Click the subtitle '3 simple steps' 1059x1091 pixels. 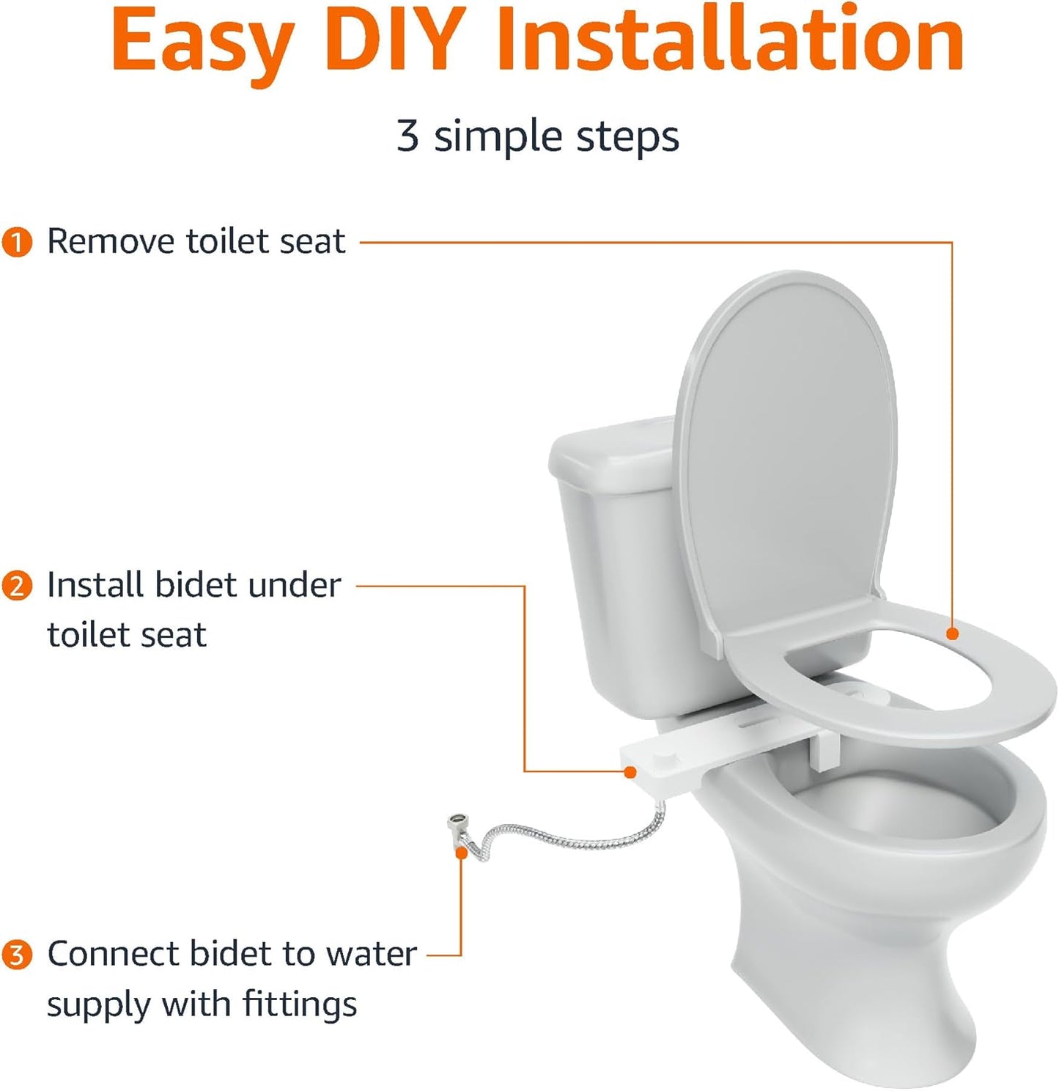click(x=537, y=136)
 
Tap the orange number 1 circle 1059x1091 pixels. click(x=17, y=243)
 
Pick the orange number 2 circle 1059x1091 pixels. click(x=17, y=587)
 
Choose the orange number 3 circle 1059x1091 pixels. click(x=17, y=955)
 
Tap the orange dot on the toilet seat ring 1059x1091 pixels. click(x=952, y=633)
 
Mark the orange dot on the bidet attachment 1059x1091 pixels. click(x=630, y=771)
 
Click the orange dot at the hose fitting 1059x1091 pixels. click(x=462, y=853)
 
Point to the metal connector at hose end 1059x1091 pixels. click(x=459, y=826)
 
